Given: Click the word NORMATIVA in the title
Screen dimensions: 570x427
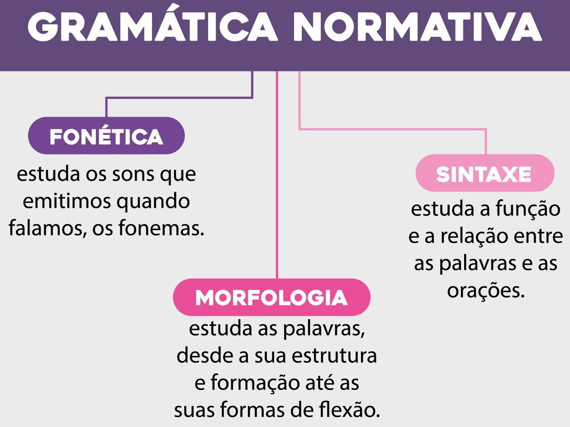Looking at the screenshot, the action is coord(418,26).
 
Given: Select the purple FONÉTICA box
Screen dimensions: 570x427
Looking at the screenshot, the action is coord(106,136).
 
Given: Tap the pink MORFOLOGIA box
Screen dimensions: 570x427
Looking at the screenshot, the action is coord(271,297).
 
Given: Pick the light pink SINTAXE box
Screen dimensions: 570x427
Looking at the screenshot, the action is coord(485,173).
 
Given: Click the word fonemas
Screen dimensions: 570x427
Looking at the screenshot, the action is coord(161,228).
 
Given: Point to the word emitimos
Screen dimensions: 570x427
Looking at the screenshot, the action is coord(67,201).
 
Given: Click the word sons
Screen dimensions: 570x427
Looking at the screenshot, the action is coord(133,174).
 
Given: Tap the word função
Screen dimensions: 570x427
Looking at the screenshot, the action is coord(528,209).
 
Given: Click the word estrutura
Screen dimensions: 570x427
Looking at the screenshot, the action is coord(334,356).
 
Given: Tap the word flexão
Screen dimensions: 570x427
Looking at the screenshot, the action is coord(349,410).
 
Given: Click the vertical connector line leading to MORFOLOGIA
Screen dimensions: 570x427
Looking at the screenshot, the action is coord(277,175).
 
